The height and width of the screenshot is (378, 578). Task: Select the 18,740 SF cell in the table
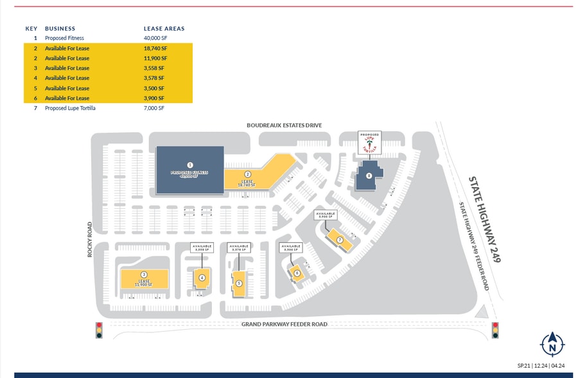click(155, 48)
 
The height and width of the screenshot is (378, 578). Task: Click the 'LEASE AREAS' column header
click(164, 28)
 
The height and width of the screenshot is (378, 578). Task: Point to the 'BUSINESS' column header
click(60, 28)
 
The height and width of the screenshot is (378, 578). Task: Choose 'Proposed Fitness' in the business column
click(64, 38)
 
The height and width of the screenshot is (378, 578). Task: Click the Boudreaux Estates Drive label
click(284, 125)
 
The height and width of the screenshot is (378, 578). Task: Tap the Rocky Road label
click(91, 240)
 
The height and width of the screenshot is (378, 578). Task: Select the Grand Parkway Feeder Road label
click(284, 324)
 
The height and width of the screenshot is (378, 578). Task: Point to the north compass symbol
click(552, 345)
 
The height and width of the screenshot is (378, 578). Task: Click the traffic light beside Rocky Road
click(99, 330)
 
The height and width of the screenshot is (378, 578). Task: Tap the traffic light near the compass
click(495, 330)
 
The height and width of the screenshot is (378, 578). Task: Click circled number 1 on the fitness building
click(190, 165)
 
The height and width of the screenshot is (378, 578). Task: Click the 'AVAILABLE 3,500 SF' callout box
click(290, 248)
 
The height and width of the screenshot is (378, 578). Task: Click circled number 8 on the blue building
click(369, 175)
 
